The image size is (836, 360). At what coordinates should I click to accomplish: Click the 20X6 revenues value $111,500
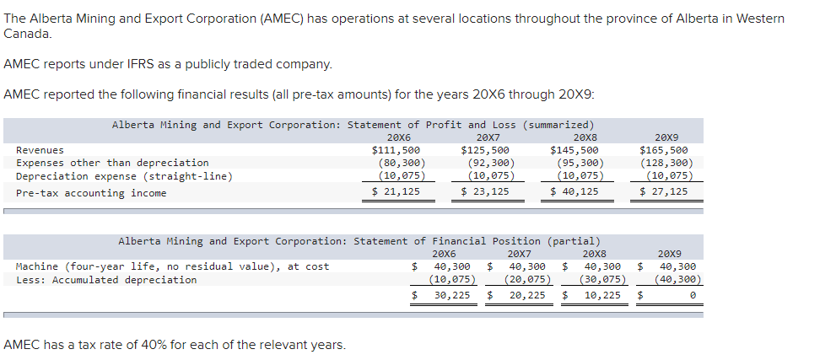point(396,150)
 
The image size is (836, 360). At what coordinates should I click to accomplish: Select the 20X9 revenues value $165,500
point(666,150)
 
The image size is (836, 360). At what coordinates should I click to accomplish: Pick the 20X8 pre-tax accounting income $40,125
point(576,192)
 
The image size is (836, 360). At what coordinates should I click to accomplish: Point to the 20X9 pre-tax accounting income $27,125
point(666,192)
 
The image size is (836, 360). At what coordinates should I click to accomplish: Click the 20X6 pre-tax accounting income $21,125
point(396,192)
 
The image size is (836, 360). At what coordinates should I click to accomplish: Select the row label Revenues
point(40,150)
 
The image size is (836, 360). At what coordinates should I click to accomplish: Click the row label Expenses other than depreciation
point(112,163)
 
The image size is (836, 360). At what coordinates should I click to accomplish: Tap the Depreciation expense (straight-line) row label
point(124,176)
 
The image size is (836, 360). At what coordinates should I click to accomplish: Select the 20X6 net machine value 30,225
point(452,296)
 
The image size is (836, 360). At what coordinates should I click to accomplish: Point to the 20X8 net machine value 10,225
point(601,296)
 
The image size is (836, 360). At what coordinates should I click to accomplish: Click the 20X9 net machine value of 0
point(691,296)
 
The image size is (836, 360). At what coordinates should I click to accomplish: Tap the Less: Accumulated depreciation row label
point(106,280)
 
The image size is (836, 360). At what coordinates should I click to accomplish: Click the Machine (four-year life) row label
point(172,266)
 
